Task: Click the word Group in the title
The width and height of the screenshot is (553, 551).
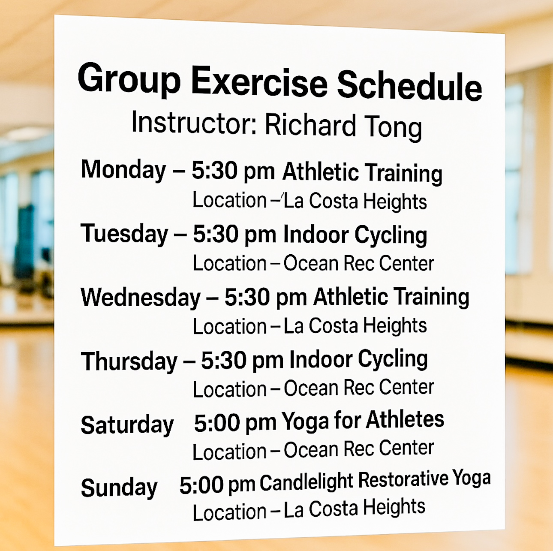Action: [x=129, y=79]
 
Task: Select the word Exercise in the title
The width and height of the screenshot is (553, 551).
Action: [x=259, y=81]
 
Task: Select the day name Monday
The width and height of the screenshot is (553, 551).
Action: [x=124, y=170]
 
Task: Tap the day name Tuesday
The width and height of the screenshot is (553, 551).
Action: [x=124, y=234]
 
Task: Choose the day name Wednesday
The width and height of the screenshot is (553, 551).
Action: [x=141, y=297]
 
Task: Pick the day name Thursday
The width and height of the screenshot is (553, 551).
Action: [x=129, y=361]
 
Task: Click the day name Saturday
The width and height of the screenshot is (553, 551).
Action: [x=127, y=425]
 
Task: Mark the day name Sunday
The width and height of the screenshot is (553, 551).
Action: [x=119, y=488]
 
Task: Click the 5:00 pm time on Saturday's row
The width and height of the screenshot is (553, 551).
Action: [x=235, y=423]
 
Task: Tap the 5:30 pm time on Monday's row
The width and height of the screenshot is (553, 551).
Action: [x=233, y=171]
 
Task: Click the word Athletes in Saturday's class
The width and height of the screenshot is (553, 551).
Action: [x=405, y=419]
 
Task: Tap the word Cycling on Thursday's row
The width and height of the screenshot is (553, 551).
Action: [x=393, y=359]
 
